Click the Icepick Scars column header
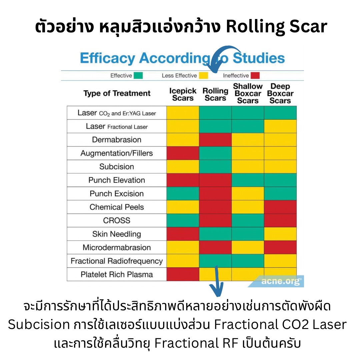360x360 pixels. pyautogui.click(x=183, y=94)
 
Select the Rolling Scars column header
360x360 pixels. pyautogui.click(x=215, y=94)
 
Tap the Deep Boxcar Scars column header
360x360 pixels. pyautogui.click(x=280, y=93)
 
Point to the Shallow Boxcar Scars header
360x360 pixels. pyautogui.click(x=248, y=93)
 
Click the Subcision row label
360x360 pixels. pyautogui.click(x=117, y=167)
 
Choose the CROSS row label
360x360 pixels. pyautogui.click(x=117, y=221)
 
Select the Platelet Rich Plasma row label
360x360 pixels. pyautogui.click(x=117, y=275)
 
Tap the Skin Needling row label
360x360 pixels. pyautogui.click(x=117, y=234)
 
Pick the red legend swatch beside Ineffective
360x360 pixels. pyautogui.click(x=255, y=76)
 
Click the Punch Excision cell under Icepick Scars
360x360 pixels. pyautogui.click(x=183, y=194)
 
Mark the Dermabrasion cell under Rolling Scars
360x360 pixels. pyautogui.click(x=215, y=140)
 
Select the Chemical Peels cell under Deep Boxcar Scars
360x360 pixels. pyautogui.click(x=280, y=207)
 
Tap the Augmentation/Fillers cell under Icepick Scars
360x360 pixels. pyautogui.click(x=183, y=153)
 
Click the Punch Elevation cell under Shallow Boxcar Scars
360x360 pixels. pyautogui.click(x=248, y=180)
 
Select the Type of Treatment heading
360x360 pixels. pyautogui.click(x=117, y=94)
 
